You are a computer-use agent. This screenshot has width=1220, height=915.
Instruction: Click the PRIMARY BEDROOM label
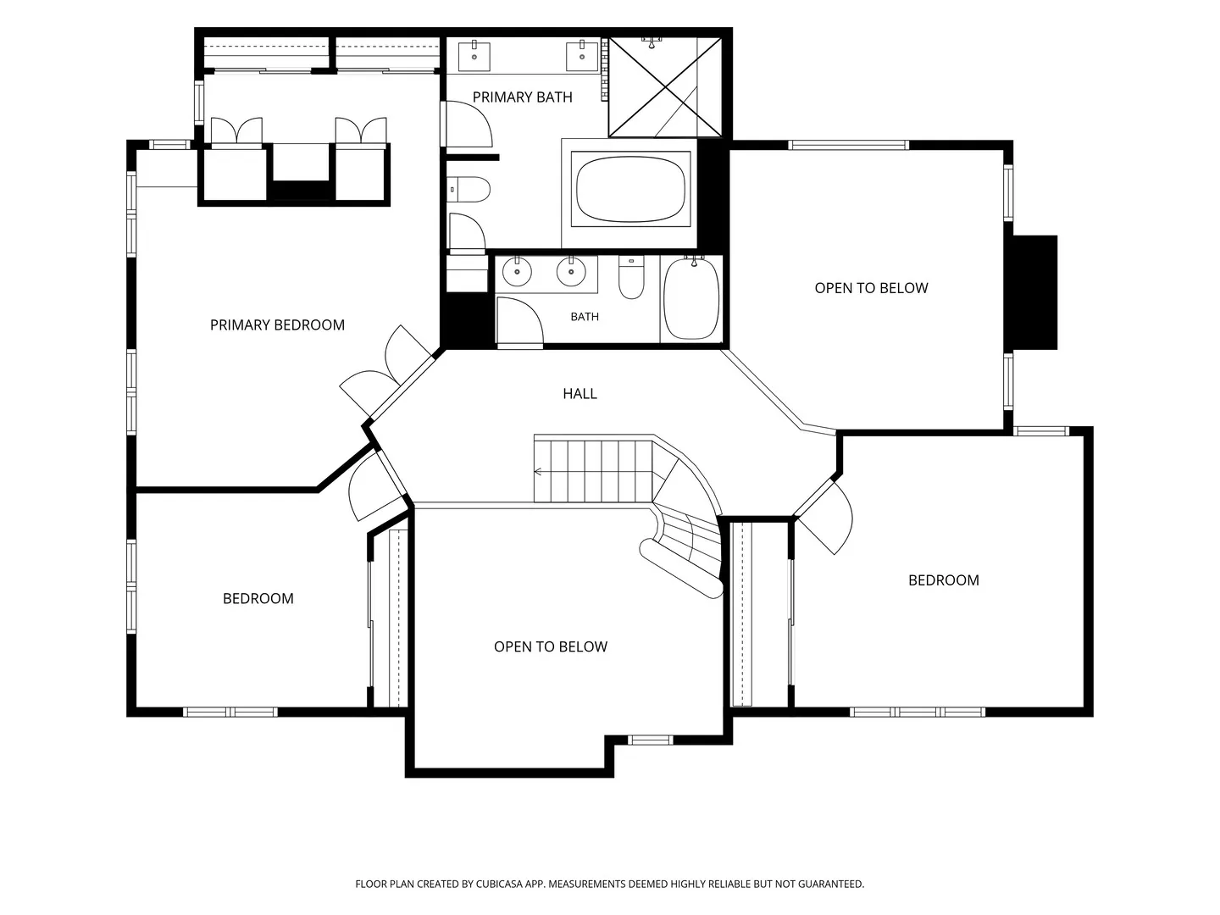277,325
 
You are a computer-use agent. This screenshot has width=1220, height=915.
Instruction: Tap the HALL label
579,394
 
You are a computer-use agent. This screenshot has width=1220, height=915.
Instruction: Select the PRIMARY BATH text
522,97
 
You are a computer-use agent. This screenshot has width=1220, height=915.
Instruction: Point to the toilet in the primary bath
468,190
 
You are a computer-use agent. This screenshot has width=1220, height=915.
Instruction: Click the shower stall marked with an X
665,86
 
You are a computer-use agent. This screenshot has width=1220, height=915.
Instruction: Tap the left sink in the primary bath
474,56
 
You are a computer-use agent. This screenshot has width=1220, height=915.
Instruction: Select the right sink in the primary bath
582,56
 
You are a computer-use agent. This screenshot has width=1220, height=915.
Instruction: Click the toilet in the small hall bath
631,277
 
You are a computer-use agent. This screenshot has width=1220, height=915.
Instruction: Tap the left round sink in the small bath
517,272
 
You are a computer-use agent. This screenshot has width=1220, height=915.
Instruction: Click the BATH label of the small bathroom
585,317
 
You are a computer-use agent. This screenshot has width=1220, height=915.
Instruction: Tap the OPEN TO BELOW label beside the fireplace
871,288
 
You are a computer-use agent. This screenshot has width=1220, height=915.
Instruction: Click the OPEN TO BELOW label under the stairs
550,646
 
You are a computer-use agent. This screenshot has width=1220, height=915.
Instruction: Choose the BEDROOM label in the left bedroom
258,598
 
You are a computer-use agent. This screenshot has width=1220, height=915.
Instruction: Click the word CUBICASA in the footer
499,884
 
